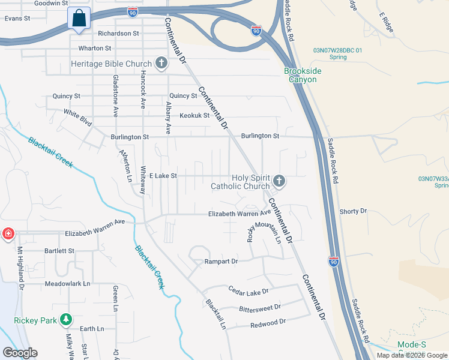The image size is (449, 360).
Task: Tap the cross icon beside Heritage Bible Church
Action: pyautogui.click(x=160, y=63)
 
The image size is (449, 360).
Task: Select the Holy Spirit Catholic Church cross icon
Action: pyautogui.click(x=279, y=181)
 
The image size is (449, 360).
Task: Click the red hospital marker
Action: pyautogui.click(x=8, y=233)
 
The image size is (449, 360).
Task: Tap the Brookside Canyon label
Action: pyautogui.click(x=303, y=75)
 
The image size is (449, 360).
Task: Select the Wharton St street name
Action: pyautogui.click(x=91, y=48)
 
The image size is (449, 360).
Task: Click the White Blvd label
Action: pyautogui.click(x=78, y=117)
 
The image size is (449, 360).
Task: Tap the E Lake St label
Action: pyautogui.click(x=163, y=176)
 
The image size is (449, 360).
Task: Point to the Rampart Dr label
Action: pyautogui.click(x=221, y=262)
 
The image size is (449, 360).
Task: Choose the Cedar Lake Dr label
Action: pyautogui.click(x=249, y=291)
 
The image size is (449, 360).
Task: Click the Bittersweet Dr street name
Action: pyautogui.click(x=259, y=307)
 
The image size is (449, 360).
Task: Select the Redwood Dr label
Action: pyautogui.click(x=268, y=322)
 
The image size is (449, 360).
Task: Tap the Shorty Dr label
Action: pyautogui.click(x=353, y=211)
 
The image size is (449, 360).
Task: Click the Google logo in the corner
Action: pyautogui.click(x=20, y=353)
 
